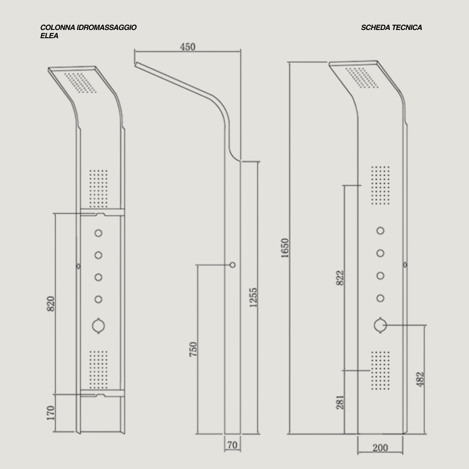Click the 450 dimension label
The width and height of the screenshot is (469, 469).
tap(188, 47)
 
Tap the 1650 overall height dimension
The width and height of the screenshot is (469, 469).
tap(285, 248)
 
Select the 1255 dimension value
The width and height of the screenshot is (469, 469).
tap(254, 297)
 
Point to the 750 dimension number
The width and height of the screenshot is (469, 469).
tap(194, 349)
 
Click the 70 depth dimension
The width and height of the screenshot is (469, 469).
tap(232, 445)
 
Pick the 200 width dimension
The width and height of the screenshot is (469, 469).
tap(380, 448)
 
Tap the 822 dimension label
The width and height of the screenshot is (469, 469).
tap(340, 278)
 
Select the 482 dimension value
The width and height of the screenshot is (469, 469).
tap(420, 379)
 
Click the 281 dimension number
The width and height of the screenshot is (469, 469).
tap(340, 402)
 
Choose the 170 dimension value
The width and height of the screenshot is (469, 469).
tap(51, 413)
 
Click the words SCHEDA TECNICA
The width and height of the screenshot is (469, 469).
tap(391, 27)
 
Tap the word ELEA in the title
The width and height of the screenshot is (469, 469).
tap(49, 36)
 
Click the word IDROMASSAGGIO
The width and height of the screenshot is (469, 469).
tap(106, 27)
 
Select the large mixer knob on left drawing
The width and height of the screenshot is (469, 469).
tap(99, 326)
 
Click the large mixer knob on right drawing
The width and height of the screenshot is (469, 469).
tap(380, 325)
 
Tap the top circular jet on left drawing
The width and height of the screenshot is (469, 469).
tap(99, 233)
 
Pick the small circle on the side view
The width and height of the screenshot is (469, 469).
tap(233, 264)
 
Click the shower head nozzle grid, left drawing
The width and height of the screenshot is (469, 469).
tap(80, 83)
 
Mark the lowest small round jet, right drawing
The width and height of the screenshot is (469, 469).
tap(380, 298)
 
